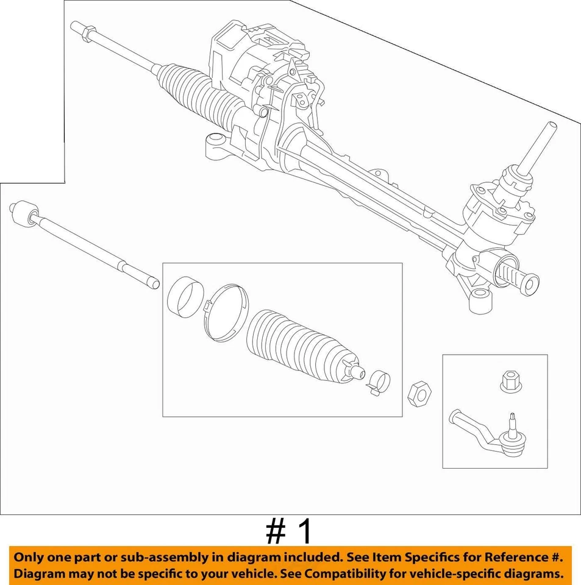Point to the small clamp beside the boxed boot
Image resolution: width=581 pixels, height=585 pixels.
click(379, 380)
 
